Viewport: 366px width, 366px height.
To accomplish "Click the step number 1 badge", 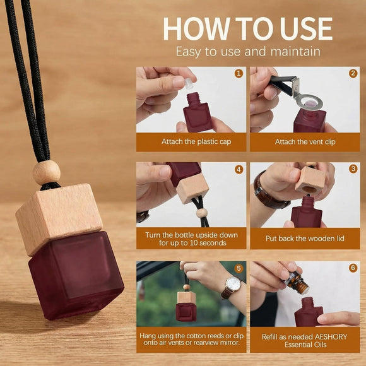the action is (239, 74).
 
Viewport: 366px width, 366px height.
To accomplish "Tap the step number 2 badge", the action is (353, 74).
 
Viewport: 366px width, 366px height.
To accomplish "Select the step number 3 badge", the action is (353, 168).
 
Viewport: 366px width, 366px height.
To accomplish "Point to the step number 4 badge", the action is (239, 170).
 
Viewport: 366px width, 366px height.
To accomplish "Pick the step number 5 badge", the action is (239, 268).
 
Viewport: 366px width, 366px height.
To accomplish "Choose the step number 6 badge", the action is (353, 268).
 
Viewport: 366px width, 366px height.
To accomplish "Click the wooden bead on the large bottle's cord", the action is (47, 173).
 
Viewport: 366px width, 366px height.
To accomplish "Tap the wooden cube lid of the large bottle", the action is (59, 218).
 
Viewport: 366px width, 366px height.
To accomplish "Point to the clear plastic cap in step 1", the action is (189, 83).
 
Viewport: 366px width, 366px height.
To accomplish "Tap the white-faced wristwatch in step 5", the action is (233, 285).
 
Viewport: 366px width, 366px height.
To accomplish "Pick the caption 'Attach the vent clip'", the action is (305, 142).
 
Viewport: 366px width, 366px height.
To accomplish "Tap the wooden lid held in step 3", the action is (310, 180).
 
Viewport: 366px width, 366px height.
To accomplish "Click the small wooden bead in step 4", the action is (202, 213).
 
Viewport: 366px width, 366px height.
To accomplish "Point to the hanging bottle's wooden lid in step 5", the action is (186, 298).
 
